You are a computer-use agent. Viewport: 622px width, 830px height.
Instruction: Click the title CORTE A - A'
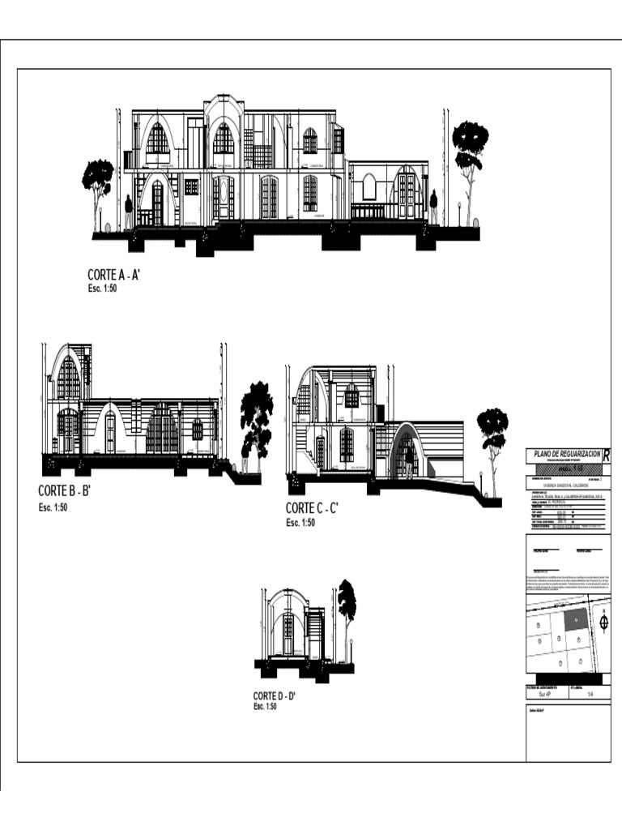pyautogui.click(x=114, y=275)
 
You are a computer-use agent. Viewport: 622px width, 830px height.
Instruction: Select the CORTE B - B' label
pyautogui.click(x=63, y=490)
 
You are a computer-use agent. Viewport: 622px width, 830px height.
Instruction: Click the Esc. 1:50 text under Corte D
pyautogui.click(x=265, y=707)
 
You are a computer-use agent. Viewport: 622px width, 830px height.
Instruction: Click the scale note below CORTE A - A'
pyautogui.click(x=103, y=288)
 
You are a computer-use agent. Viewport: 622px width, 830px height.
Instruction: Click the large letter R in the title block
pyautogui.click(x=606, y=454)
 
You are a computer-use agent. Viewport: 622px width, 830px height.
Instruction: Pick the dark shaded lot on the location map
pyautogui.click(x=574, y=620)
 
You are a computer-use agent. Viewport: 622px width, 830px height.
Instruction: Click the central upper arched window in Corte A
pyautogui.click(x=224, y=139)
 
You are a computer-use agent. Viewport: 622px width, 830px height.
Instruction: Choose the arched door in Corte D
pyautogui.click(x=288, y=634)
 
